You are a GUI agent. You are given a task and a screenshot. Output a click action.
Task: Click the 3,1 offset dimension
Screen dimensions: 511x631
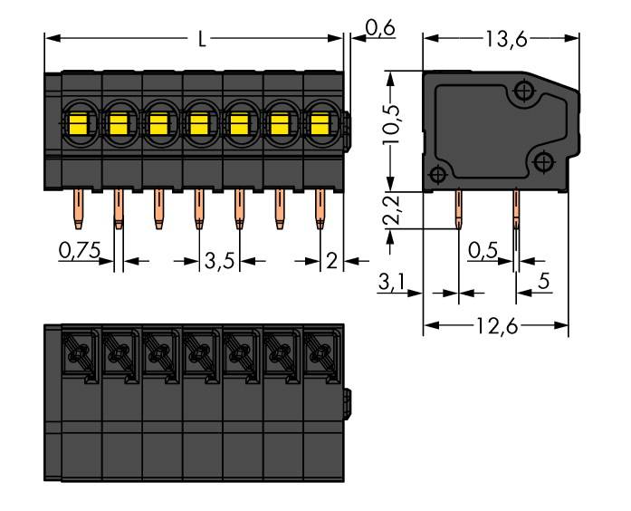[390, 284]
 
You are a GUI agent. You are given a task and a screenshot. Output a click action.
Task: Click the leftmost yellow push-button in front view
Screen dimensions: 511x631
[76, 121]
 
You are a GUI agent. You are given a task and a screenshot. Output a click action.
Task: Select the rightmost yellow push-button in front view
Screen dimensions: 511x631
[319, 121]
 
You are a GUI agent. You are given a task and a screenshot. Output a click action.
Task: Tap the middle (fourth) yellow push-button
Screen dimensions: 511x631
[197, 121]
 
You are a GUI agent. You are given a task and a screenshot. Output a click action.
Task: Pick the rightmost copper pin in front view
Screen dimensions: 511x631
[320, 211]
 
